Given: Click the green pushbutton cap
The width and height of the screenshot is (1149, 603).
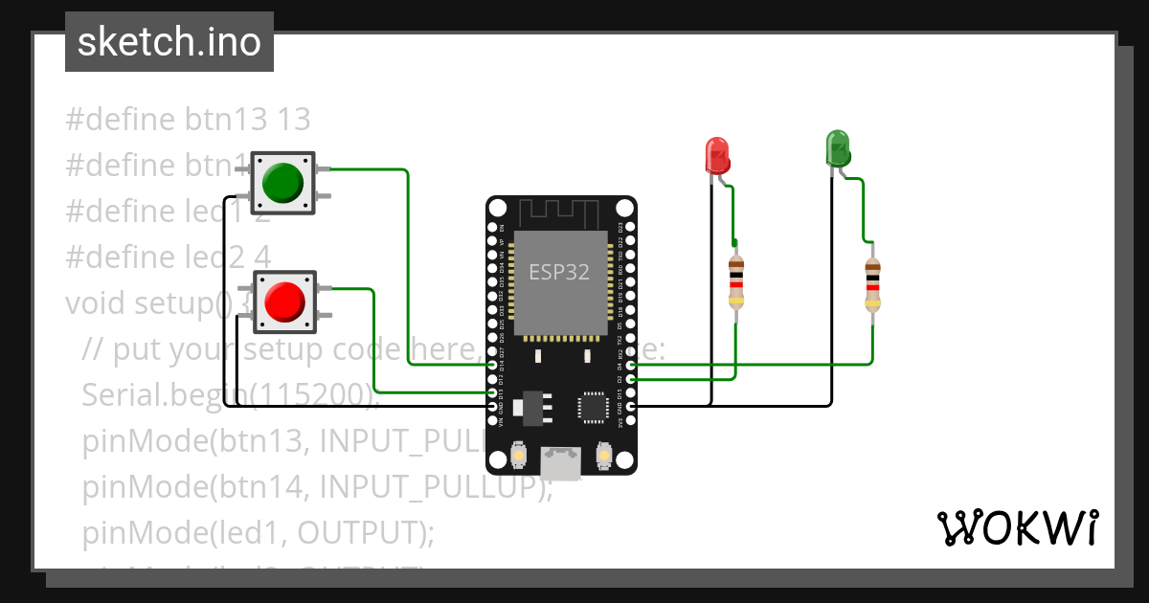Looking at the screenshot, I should coord(282,182).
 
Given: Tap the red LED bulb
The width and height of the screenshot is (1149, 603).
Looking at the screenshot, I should coord(717,153).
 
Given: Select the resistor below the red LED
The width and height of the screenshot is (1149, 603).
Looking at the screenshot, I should coord(735,282).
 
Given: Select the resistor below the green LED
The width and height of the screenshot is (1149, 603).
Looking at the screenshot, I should coord(872,284).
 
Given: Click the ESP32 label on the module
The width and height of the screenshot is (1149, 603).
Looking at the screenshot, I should coord(559,272).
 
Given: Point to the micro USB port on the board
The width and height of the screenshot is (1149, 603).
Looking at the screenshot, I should coord(560,464).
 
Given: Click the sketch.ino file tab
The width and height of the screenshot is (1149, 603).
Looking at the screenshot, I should coord(169,42).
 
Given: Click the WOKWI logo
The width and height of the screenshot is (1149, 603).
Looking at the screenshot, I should coord(1017,527).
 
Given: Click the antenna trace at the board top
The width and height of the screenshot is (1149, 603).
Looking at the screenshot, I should coord(560,212).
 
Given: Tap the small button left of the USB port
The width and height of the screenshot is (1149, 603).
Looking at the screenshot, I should coord(518,454).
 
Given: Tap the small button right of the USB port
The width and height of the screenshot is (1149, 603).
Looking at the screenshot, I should coord(603,454).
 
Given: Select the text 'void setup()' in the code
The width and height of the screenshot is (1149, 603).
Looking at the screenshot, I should coord(148,303).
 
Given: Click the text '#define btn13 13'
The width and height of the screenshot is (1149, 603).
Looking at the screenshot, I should coord(188,120).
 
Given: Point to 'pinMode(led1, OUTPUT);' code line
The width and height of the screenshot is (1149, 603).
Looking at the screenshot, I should coord(259,532).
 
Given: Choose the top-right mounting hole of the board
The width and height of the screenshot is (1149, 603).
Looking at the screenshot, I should coord(623,208).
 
